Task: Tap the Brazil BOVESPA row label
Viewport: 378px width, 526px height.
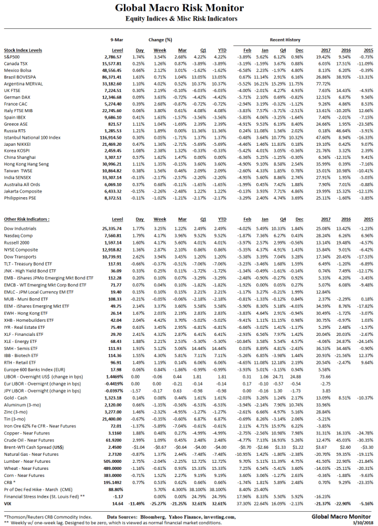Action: click(x=22, y=77)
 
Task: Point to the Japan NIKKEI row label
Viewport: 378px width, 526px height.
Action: click(x=18, y=145)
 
